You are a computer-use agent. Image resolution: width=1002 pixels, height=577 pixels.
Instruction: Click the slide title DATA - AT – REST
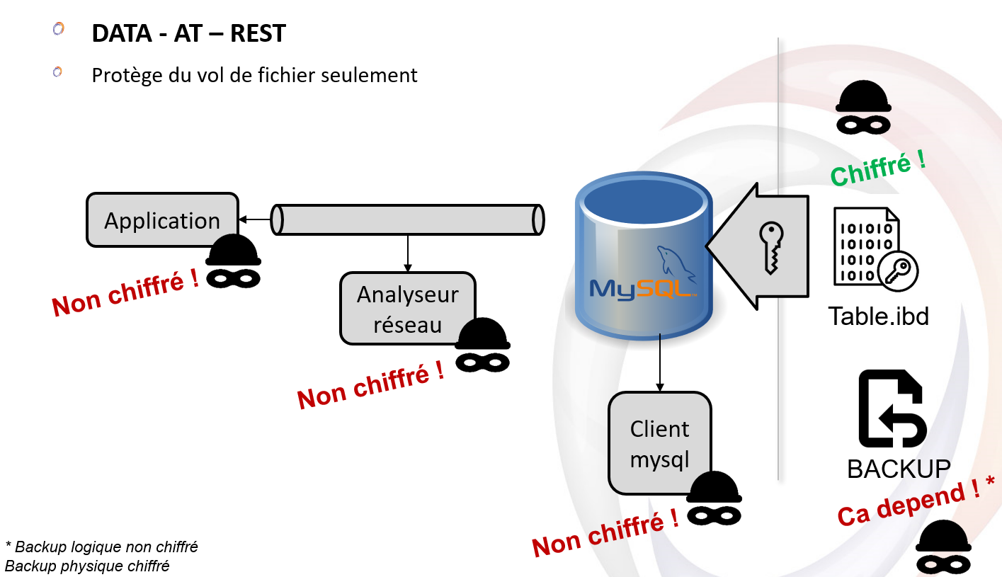coord(188,33)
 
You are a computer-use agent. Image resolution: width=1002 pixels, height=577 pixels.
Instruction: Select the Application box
coord(162,220)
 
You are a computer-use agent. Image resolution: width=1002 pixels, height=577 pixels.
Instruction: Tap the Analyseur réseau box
coord(408,309)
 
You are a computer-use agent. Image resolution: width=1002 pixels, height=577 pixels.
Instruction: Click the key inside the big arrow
coord(771,247)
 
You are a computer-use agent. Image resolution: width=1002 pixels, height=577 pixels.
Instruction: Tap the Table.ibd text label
coord(878,315)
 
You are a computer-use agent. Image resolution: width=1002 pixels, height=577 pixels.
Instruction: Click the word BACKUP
coord(899,468)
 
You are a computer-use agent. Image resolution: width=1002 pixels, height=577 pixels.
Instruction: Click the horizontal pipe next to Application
coord(408,219)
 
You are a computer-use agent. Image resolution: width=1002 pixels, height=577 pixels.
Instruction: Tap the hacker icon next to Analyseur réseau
coord(482,345)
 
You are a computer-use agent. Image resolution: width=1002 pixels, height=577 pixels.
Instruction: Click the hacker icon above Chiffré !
coord(862,108)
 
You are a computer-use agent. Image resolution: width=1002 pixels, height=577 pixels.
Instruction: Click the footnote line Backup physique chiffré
coord(87,566)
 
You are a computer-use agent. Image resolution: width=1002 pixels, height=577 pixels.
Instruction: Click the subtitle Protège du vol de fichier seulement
coord(254,74)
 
